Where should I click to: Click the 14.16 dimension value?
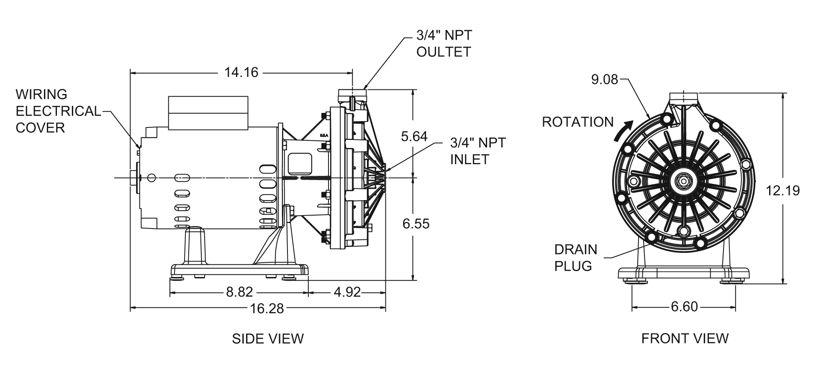click(241, 73)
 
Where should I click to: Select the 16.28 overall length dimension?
click(267, 309)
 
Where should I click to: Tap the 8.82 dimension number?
click(239, 292)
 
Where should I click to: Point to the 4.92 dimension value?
click(347, 292)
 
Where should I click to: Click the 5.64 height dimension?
click(414, 136)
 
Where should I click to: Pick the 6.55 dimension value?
click(416, 224)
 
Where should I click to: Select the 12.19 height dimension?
click(783, 191)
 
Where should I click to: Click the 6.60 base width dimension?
click(684, 307)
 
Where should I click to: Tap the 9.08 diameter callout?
click(604, 79)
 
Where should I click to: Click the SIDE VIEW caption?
click(268, 338)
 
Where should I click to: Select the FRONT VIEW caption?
click(685, 338)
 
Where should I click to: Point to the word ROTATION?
click(578, 122)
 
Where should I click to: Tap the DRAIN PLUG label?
click(575, 257)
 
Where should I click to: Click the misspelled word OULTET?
click(444, 52)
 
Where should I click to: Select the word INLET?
click(470, 159)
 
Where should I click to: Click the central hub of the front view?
click(684, 181)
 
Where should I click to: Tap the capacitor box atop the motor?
click(208, 112)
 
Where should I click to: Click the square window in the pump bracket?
click(300, 163)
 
